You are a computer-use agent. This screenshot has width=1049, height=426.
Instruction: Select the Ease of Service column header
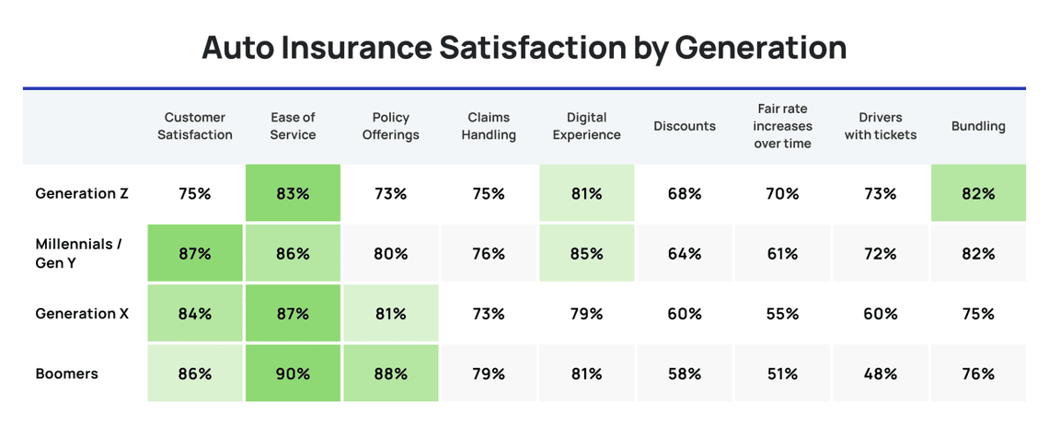pos(293,126)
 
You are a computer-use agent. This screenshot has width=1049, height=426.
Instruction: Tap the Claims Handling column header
pos(489,126)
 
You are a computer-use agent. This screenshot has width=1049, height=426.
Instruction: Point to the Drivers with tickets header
pos(880,126)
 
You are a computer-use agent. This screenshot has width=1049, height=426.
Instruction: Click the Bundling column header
pos(978,126)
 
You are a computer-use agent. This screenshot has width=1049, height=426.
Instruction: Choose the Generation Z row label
pos(82,193)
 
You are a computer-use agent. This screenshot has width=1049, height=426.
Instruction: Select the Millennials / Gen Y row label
pos(77,253)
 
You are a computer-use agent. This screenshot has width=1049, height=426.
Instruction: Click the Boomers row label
pos(66,374)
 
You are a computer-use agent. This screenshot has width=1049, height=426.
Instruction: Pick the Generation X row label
pos(82,314)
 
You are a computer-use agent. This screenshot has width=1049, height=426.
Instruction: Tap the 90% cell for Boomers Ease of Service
pos(293,374)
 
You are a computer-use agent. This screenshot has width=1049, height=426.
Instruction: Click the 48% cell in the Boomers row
pos(880,374)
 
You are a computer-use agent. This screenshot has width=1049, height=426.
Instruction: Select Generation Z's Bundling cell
pos(978,193)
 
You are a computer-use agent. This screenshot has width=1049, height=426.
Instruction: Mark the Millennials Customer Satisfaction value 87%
pos(195,253)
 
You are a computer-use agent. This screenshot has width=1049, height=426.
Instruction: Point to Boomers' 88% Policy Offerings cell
pos(390,374)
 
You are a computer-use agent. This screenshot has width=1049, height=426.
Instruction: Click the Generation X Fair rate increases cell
pos(782,314)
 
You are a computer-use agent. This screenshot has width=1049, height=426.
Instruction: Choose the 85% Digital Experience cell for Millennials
pos(586,253)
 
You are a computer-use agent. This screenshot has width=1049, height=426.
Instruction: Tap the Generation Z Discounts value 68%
pos(684,193)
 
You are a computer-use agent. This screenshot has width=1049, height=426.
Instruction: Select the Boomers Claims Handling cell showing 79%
pos(489,374)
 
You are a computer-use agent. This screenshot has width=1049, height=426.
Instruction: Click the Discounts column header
pos(684,126)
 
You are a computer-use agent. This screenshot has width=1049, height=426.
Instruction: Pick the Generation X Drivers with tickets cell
pos(880,314)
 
